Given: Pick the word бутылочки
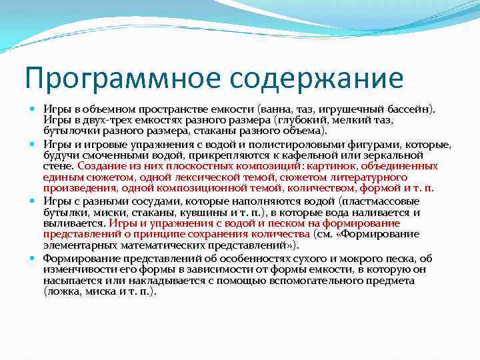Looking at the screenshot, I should tap(69, 131).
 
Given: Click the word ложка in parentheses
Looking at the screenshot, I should tap(63, 291).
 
